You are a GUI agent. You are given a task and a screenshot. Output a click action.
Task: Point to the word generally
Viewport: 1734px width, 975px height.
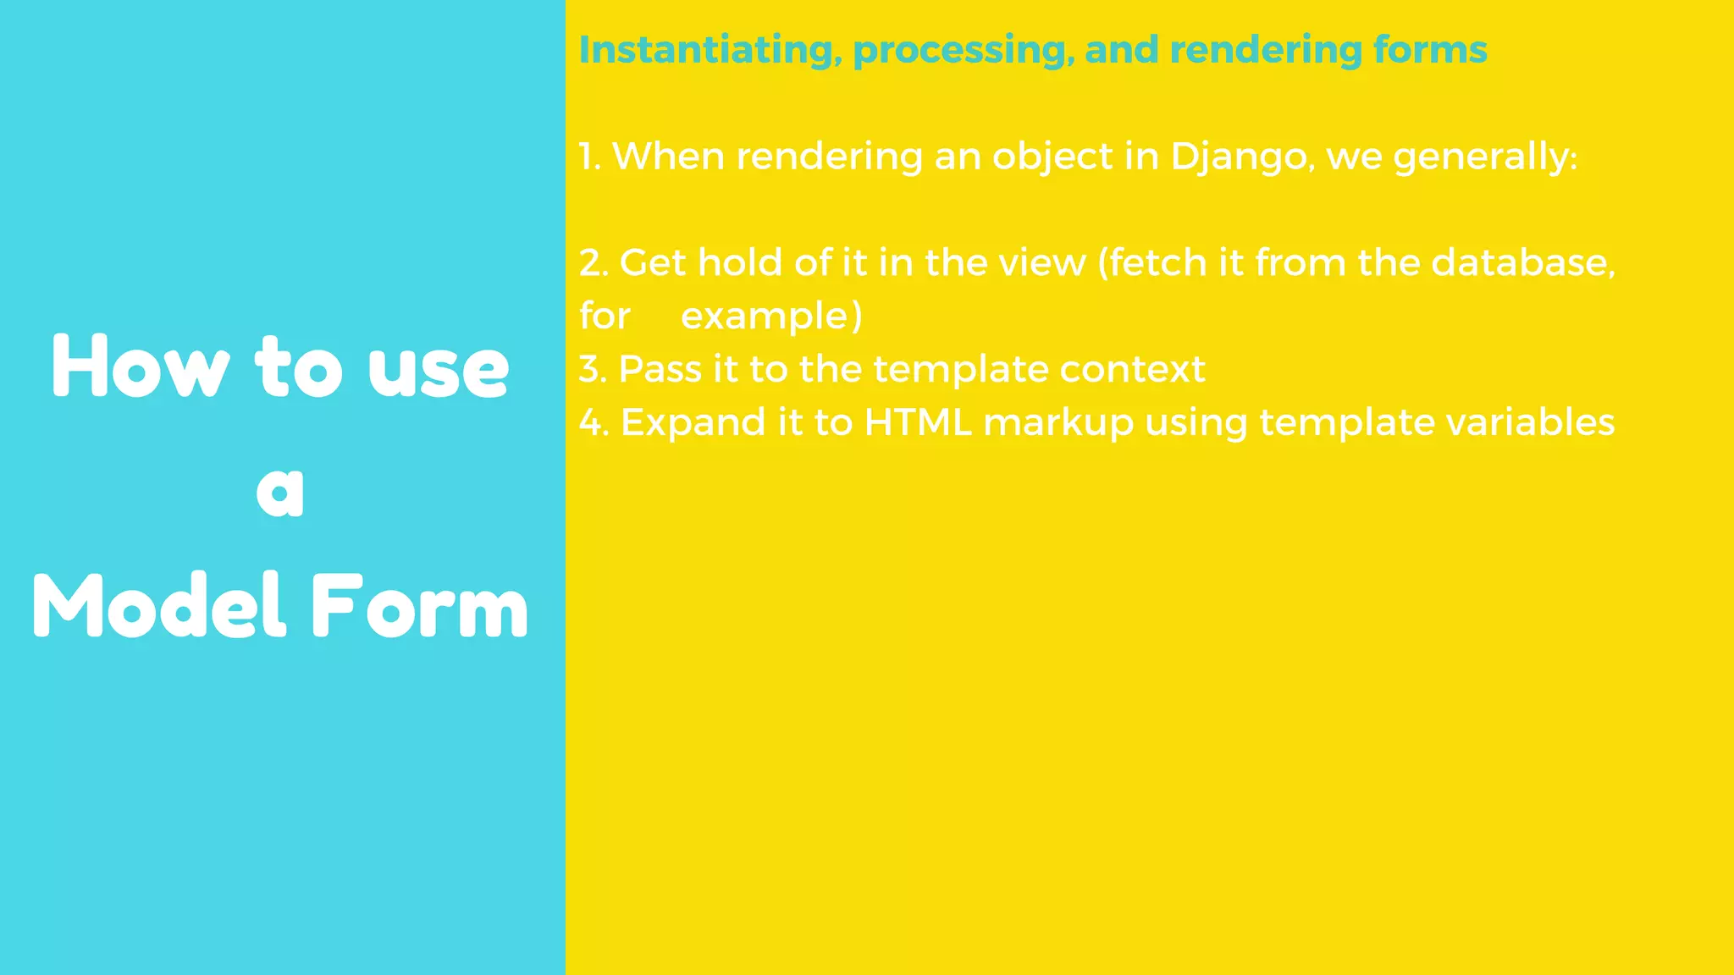tap(1484, 157)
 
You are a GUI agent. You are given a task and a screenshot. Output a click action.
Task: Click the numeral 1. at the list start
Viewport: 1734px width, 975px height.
tap(589, 157)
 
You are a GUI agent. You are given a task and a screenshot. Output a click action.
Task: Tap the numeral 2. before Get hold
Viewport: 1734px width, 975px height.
tap(594, 263)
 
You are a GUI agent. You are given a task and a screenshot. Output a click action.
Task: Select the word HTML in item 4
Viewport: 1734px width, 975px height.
tap(918, 422)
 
